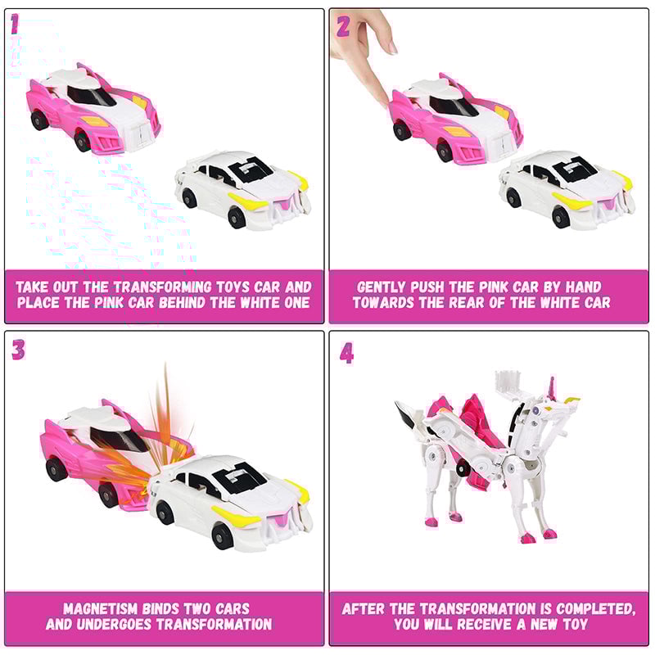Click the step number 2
click(343, 26)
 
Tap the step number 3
click(18, 350)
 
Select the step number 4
click(347, 353)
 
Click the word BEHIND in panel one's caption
click(210, 303)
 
